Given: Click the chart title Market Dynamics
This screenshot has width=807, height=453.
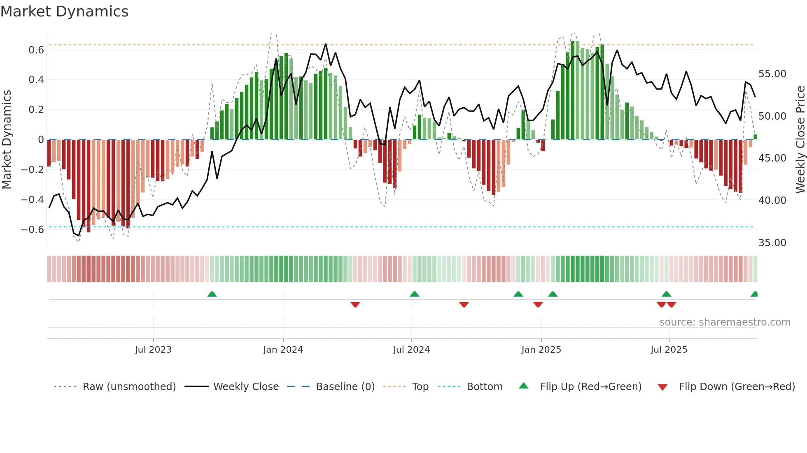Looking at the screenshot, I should point(64,12).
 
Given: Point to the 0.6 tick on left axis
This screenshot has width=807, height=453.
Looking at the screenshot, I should point(36,50).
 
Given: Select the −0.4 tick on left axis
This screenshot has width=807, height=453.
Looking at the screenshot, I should point(33,200).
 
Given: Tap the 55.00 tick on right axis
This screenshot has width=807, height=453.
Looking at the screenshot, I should point(772,74).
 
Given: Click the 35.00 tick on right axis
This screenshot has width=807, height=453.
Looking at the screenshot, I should point(772,243).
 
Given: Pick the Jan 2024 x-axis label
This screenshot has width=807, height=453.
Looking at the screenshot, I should point(283,350).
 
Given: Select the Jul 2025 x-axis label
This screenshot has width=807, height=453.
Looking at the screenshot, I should point(669,350).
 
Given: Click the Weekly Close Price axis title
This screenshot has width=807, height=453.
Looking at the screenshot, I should point(800,140).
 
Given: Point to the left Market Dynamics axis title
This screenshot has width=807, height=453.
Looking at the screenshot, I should point(7,140).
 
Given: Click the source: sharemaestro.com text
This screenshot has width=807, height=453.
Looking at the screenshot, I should point(725,322).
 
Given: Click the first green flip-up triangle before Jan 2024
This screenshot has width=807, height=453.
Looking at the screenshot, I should point(212,294).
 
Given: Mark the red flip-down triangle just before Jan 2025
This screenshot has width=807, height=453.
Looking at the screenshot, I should point(538,305).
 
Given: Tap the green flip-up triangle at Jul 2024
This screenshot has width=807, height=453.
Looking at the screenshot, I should point(415,294).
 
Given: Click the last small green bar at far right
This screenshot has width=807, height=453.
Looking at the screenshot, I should point(755,137).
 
